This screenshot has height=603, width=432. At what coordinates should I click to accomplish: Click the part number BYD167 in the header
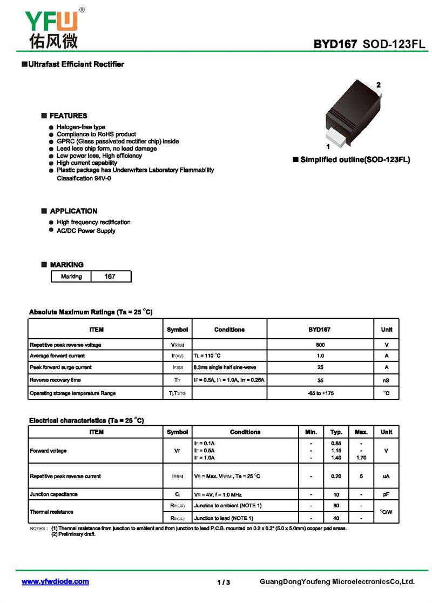click(x=335, y=44)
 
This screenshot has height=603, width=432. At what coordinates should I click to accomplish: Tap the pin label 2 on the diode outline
click(x=379, y=85)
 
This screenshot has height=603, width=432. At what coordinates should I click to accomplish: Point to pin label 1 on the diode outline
click(x=328, y=146)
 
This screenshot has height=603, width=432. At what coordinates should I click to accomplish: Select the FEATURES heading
click(x=68, y=116)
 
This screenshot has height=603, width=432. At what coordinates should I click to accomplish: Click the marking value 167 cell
click(x=110, y=277)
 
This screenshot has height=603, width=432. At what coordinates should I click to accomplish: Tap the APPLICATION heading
click(x=73, y=211)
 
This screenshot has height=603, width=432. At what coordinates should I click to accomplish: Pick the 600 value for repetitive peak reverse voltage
click(x=320, y=345)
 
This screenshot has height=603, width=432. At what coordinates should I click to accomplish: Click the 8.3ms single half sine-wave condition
click(x=225, y=367)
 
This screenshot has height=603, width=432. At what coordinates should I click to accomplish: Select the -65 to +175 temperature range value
click(x=320, y=393)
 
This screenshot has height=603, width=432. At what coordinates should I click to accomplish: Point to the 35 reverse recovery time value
click(x=320, y=380)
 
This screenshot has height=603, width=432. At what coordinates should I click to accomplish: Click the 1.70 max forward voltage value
click(x=361, y=458)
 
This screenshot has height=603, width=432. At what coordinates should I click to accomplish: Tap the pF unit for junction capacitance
click(x=386, y=494)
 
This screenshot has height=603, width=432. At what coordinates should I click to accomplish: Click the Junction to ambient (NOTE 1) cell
click(x=228, y=506)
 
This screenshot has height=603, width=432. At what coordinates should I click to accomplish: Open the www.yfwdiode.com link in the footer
click(x=55, y=582)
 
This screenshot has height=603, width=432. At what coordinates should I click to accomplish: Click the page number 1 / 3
click(x=224, y=582)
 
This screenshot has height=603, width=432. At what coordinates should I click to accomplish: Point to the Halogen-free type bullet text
click(x=81, y=127)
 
